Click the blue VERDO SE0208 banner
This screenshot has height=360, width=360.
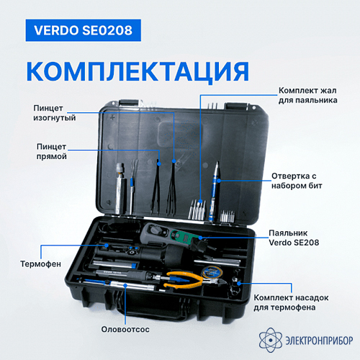click(83, 30)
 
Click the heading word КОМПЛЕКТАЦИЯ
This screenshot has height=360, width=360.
click(138, 72)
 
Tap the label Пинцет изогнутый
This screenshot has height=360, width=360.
click(54, 113)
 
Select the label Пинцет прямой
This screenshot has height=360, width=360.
click(51, 151)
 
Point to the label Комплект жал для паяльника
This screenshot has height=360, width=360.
click(307, 95)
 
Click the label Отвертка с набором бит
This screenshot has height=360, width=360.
click(297, 181)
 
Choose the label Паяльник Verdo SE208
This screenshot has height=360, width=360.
click(294, 238)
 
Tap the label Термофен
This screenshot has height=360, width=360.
click(40, 264)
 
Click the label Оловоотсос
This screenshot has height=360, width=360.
click(125, 329)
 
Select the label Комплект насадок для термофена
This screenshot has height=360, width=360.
click(291, 302)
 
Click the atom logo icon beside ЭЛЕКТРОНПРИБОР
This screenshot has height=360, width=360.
click(271, 340)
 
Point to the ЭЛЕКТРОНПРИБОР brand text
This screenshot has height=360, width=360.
click(319, 341)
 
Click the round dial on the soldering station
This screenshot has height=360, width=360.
click(157, 230)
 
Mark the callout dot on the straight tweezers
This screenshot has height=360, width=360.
click(159, 163)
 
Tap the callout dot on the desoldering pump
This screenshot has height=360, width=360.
click(125, 285)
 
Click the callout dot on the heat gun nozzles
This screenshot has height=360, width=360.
click(239, 284)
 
